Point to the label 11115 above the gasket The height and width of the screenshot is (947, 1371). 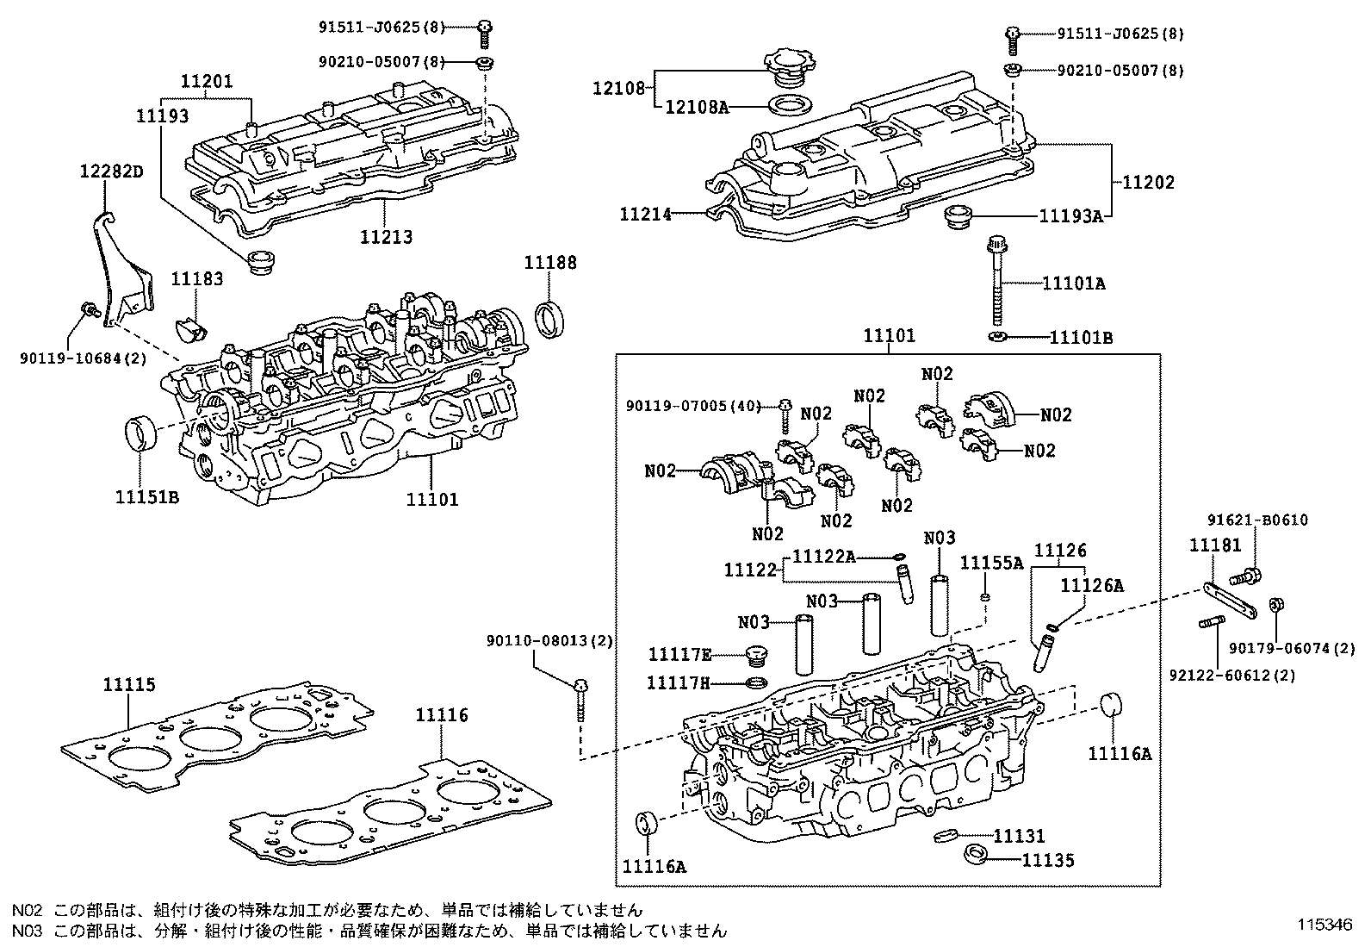(x=129, y=685)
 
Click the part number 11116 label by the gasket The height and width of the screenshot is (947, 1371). (x=442, y=714)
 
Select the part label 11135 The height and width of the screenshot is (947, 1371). (x=1048, y=860)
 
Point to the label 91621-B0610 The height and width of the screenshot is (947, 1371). (x=1257, y=520)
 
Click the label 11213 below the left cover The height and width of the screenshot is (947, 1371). (x=386, y=236)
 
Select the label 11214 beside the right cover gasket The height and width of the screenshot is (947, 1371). (x=645, y=213)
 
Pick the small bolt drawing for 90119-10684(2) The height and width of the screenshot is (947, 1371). (x=90, y=309)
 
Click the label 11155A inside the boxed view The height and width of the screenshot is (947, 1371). (x=991, y=563)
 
